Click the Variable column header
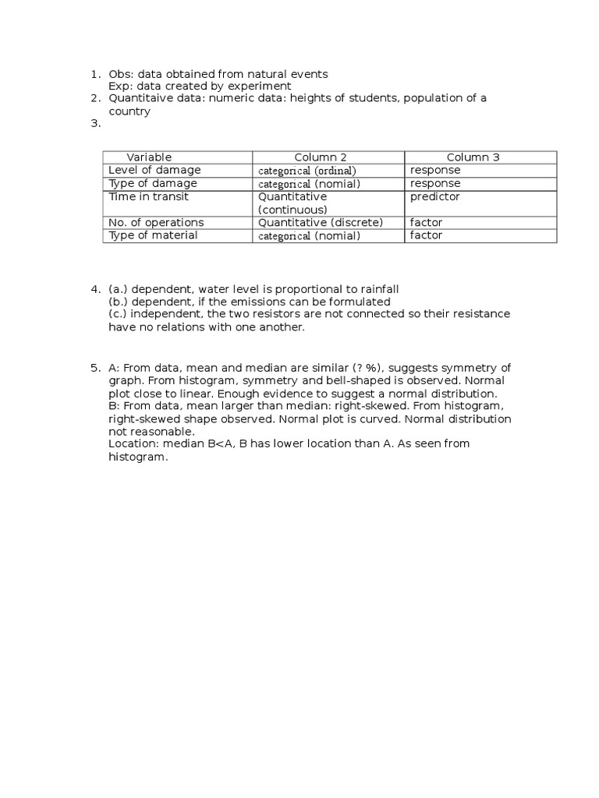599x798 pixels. click(149, 157)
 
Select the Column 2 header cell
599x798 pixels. click(321, 157)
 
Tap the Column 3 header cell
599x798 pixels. click(473, 157)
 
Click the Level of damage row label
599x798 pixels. click(154, 170)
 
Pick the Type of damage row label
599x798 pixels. click(153, 183)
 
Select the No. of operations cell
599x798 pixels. click(156, 222)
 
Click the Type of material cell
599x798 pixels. click(153, 235)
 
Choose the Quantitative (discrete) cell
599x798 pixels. click(321, 222)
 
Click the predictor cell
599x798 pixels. click(435, 196)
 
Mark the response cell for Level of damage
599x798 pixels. click(435, 170)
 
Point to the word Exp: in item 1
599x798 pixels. click(120, 86)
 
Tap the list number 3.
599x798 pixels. click(95, 123)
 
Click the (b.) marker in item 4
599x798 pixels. click(118, 302)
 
